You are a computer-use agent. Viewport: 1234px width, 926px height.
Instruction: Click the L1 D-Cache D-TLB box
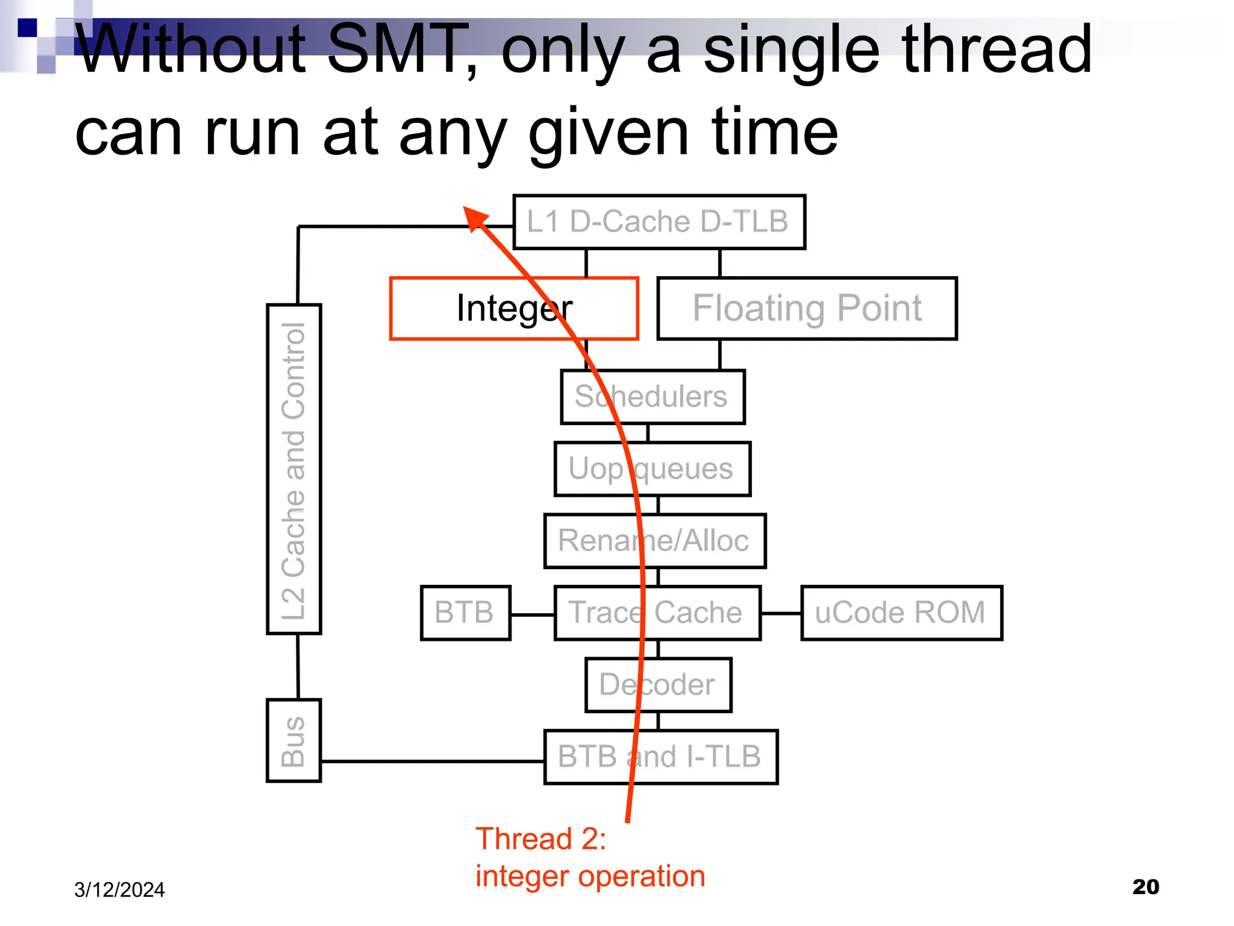(659, 222)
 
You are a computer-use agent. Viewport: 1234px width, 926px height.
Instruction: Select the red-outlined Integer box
(513, 309)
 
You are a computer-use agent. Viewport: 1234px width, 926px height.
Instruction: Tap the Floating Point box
(806, 309)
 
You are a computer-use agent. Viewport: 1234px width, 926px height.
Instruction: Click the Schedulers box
(653, 397)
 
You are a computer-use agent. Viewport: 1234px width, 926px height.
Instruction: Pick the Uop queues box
(652, 469)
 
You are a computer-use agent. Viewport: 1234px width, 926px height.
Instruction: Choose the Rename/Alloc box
(654, 541)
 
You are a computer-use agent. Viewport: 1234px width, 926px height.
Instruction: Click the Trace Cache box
(657, 613)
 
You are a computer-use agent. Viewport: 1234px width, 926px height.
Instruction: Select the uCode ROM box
(901, 613)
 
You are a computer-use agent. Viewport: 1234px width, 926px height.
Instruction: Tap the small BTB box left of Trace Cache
(465, 613)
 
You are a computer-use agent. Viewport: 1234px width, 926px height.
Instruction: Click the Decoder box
(658, 685)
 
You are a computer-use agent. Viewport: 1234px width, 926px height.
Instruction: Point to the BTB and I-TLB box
(660, 757)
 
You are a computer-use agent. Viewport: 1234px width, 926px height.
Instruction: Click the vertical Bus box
(293, 740)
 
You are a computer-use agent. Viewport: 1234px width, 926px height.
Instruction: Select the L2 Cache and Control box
(293, 469)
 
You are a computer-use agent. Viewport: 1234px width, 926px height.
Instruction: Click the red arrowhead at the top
(474, 217)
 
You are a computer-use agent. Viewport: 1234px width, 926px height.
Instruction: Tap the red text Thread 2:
(540, 839)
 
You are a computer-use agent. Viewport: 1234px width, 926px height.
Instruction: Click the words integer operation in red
(590, 876)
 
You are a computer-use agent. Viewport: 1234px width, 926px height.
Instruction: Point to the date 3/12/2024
(119, 890)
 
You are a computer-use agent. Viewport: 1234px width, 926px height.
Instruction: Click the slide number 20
(1145, 887)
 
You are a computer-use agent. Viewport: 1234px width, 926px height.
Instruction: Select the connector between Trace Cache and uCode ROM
(781, 613)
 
